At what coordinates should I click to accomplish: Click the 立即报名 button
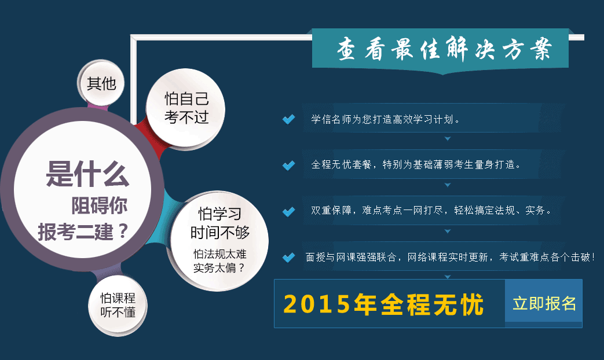coord(544,303)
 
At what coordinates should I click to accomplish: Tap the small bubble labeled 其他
coord(101,83)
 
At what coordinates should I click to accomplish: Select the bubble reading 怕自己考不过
coord(186,108)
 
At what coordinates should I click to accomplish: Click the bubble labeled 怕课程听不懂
coord(118,305)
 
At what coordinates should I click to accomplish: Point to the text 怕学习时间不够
coord(220,223)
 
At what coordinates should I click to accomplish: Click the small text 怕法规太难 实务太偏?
coord(219,260)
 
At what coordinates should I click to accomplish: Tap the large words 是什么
coord(87,174)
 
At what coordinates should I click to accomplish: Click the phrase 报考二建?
coord(82,231)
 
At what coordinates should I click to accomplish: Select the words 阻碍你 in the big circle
coord(99,205)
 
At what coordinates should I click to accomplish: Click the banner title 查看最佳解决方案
coord(444,49)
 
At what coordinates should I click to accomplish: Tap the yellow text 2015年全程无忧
coord(383,304)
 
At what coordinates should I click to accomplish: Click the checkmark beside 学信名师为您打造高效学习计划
coord(288,119)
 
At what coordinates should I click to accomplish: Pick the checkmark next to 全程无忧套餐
coord(288,165)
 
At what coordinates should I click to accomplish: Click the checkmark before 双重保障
coord(288,211)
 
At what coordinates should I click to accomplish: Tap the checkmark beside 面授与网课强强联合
coord(288,257)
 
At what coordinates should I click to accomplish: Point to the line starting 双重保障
coord(431,210)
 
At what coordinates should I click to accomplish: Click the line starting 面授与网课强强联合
coord(451,257)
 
